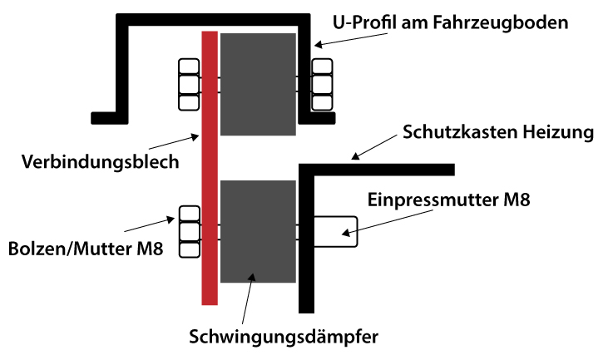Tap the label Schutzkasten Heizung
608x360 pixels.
click(497, 132)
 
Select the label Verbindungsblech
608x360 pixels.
click(101, 161)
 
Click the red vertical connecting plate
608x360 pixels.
click(210, 166)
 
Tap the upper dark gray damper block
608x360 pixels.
click(259, 84)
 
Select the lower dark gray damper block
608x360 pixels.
click(258, 230)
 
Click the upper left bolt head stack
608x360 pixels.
click(189, 84)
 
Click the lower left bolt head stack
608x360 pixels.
click(189, 230)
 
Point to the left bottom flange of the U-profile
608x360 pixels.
click(109, 116)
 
